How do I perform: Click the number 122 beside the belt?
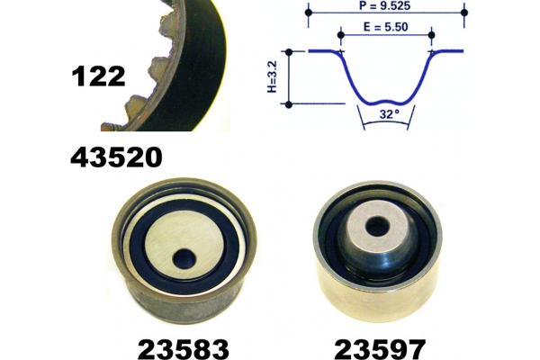(x=98, y=76)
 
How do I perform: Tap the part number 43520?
(x=116, y=157)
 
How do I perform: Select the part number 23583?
(x=184, y=348)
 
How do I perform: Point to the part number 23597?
(x=380, y=348)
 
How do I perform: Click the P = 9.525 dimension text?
(x=384, y=5)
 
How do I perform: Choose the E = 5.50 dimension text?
(x=386, y=27)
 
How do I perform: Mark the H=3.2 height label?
(x=272, y=76)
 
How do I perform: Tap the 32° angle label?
(x=390, y=114)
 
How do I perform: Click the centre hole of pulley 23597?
(x=377, y=227)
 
